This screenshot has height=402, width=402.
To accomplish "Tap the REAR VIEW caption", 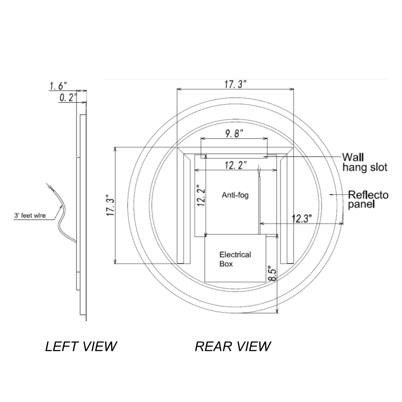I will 233,346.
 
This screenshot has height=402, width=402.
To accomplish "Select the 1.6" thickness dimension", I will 58,86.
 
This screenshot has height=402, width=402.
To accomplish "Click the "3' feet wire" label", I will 30,216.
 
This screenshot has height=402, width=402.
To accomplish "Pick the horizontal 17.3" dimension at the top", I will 235,84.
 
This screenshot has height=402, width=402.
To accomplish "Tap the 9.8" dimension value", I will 234,134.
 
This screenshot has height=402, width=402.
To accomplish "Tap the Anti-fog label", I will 235,195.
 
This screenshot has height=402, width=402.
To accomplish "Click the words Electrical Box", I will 235,259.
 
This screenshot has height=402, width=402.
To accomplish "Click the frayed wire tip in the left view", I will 49,186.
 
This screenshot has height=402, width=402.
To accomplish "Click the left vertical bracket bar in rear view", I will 187,209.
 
